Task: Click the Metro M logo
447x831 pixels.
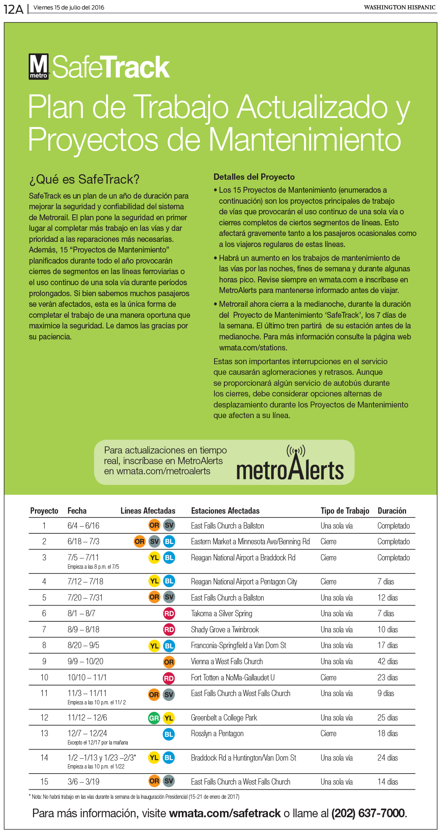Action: tap(38, 67)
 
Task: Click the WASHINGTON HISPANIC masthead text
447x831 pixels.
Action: tap(399, 7)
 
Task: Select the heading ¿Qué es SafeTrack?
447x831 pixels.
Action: tap(84, 179)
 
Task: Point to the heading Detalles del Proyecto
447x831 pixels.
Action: tap(254, 177)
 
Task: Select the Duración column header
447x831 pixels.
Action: tap(392, 510)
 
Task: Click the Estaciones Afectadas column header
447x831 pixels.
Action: tap(225, 510)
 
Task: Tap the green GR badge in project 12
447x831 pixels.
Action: tap(154, 718)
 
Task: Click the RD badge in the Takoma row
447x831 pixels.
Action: tap(169, 614)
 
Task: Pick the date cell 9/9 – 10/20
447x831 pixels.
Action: tap(85, 661)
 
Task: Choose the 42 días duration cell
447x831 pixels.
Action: tap(387, 661)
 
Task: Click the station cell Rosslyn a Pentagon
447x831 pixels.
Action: tap(217, 733)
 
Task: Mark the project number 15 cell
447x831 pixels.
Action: tap(44, 782)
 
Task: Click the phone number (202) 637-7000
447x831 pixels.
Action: tap(368, 813)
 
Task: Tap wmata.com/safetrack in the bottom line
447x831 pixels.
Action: tap(225, 813)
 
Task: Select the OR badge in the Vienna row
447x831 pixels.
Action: tap(169, 662)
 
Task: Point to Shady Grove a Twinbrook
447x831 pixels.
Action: tap(225, 630)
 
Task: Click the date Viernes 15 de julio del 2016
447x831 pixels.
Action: tap(69, 7)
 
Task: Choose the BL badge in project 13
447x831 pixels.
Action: tap(169, 734)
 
